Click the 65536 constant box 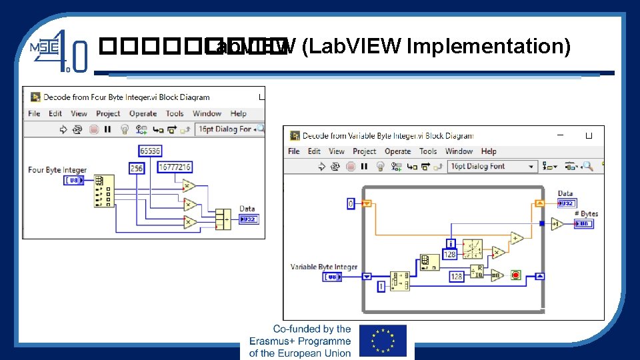click(150, 151)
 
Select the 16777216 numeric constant click(175, 167)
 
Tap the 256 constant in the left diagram click(136, 169)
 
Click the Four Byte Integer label click(57, 170)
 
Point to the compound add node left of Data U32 click(223, 219)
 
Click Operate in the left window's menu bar click(143, 114)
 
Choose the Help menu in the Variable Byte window click(489, 151)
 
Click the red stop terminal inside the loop click(515, 275)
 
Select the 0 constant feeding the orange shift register click(351, 203)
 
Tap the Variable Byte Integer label click(324, 267)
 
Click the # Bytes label click(586, 214)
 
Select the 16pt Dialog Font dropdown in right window click(492, 167)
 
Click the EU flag click(382, 341)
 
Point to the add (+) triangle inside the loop click(517, 238)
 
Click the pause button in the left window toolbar click(107, 129)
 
